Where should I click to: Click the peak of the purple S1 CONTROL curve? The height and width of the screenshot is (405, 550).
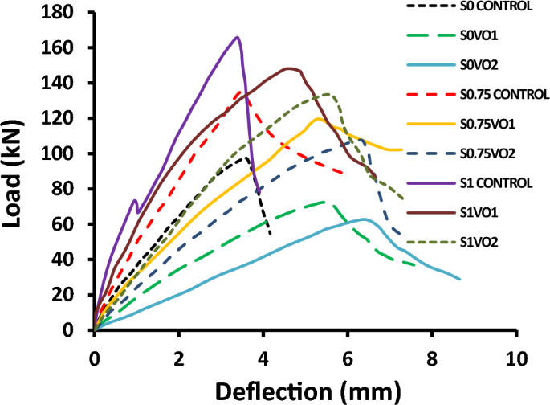tap(238, 37)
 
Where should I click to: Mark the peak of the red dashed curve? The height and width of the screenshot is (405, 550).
tap(239, 92)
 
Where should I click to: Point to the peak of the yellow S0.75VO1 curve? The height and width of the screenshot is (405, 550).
tap(318, 119)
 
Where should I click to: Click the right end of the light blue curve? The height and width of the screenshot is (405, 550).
tap(460, 279)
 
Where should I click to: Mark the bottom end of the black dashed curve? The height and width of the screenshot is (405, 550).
tap(271, 235)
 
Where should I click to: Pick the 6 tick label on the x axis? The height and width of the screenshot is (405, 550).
tap(347, 357)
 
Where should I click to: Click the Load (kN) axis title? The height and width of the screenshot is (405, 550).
tap(18, 171)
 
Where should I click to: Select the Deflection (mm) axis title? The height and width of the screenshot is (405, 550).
tap(305, 391)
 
